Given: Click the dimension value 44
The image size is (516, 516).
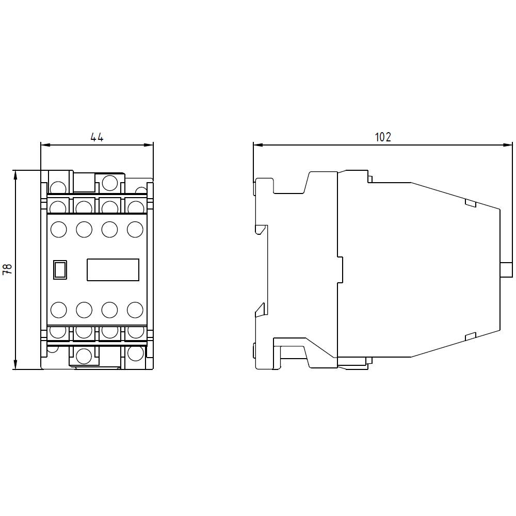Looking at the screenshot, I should pyautogui.click(x=97, y=137).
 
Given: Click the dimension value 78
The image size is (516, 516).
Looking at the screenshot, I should pyautogui.click(x=7, y=269).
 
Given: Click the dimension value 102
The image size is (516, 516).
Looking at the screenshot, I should pyautogui.click(x=382, y=137).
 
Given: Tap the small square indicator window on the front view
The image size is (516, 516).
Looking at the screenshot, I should pyautogui.click(x=60, y=269).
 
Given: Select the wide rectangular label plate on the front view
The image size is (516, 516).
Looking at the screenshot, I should pyautogui.click(x=112, y=269).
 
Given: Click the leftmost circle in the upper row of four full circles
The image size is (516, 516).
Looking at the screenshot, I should pyautogui.click(x=59, y=229).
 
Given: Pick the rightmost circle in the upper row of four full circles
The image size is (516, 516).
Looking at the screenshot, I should pyautogui.click(x=135, y=229).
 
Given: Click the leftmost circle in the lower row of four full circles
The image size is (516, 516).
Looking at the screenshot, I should pyautogui.click(x=59, y=310).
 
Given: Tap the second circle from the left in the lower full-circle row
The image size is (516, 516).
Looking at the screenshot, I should pyautogui.click(x=84, y=310).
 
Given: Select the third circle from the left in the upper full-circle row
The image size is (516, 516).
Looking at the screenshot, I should pyautogui.click(x=109, y=229).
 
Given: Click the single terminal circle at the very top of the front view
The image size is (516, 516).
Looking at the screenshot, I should pyautogui.click(x=109, y=182).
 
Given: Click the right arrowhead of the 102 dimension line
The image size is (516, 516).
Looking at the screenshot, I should pyautogui.click(x=508, y=145).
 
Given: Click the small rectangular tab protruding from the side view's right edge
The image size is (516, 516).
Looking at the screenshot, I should pyautogui.click(x=507, y=270).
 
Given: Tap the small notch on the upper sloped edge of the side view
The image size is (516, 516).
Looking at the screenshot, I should pyautogui.click(x=470, y=203).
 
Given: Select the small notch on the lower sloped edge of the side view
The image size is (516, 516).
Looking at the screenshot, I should pyautogui.click(x=470, y=337).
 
